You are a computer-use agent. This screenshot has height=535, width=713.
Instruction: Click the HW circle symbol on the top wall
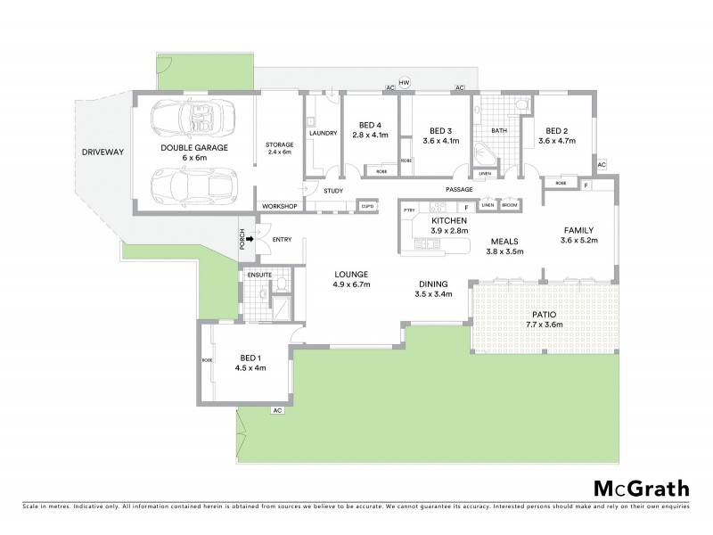click(404, 83)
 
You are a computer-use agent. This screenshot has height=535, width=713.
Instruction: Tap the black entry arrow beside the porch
click(252, 239)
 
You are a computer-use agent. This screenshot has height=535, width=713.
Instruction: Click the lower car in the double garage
click(188, 185)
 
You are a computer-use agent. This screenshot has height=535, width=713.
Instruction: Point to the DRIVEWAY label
click(103, 152)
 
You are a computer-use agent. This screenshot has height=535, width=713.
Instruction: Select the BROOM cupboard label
click(509, 204)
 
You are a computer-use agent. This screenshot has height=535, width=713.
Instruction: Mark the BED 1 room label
click(250, 356)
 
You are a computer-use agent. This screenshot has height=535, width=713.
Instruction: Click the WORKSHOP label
click(279, 206)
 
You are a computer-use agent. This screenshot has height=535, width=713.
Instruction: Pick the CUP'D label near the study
click(367, 206)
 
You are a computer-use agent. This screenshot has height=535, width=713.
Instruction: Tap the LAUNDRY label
click(323, 133)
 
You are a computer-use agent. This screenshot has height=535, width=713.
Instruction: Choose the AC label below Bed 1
click(277, 410)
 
